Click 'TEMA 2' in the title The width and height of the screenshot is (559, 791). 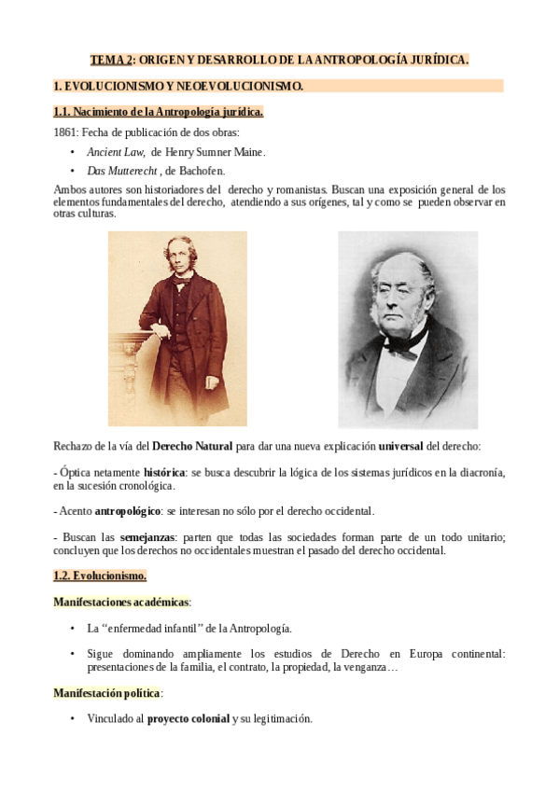pyautogui.click(x=111, y=61)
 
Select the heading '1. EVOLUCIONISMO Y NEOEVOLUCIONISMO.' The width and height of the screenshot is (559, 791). pyautogui.click(x=178, y=86)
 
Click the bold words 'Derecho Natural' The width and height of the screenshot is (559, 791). pyautogui.click(x=191, y=446)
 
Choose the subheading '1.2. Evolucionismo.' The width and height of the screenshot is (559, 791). pyautogui.click(x=100, y=576)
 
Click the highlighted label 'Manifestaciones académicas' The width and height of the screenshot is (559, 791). pyautogui.click(x=120, y=602)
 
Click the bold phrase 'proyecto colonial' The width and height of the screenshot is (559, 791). pyautogui.click(x=189, y=719)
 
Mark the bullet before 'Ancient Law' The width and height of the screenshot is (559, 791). pyautogui.click(x=73, y=152)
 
